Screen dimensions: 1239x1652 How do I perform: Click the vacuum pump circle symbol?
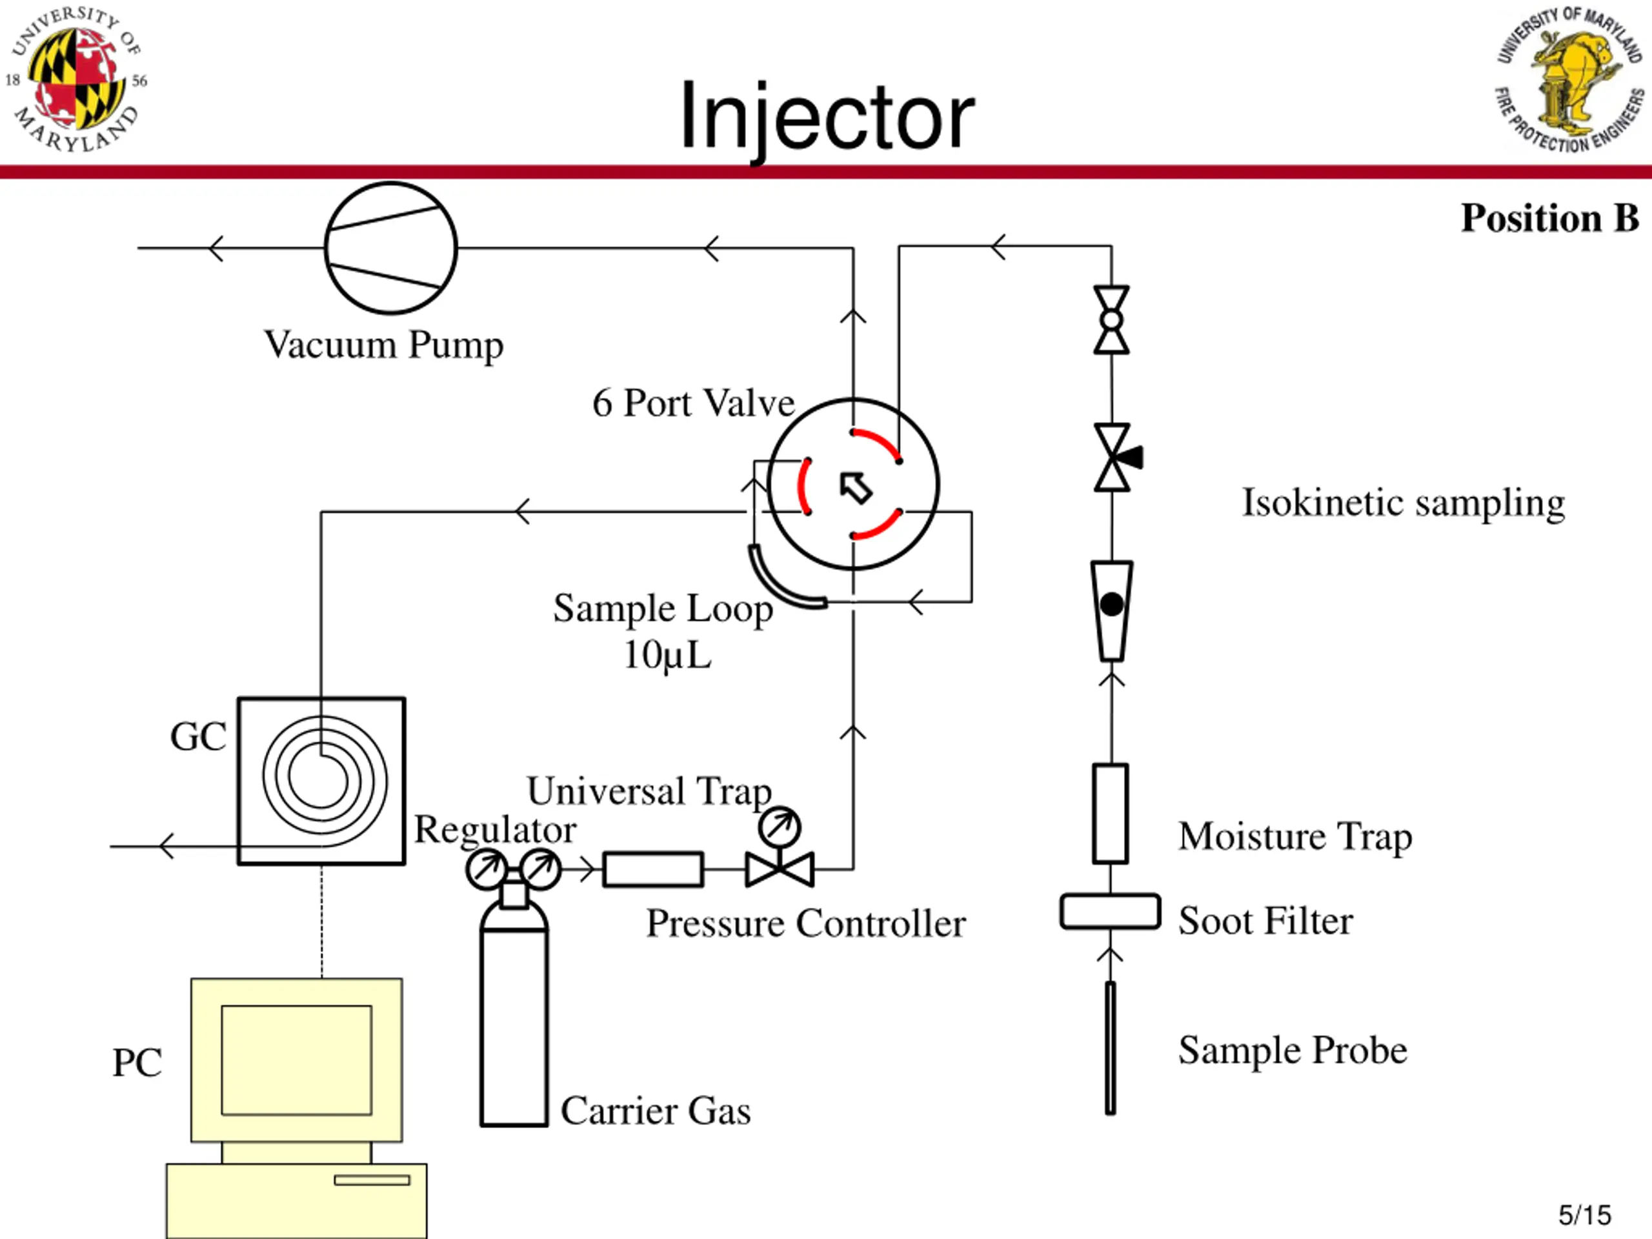pyautogui.click(x=390, y=248)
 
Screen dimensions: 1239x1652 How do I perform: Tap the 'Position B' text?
pyautogui.click(x=1549, y=218)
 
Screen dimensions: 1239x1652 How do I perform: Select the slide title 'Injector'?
pyautogui.click(x=827, y=117)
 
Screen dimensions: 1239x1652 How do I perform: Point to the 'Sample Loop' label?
pyautogui.click(x=663, y=609)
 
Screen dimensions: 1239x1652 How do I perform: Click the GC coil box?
pyautogui.click(x=322, y=781)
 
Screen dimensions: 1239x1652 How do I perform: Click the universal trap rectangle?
pyautogui.click(x=653, y=869)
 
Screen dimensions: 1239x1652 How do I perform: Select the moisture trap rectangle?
pyautogui.click(x=1110, y=813)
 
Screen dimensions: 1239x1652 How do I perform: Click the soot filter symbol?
pyautogui.click(x=1110, y=911)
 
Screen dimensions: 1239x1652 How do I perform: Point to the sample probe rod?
pyautogui.click(x=1111, y=1048)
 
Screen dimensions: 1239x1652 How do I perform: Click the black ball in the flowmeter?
pyautogui.click(x=1111, y=604)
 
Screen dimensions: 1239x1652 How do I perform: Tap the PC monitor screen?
pyautogui.click(x=296, y=1060)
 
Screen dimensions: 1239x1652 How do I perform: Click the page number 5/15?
pyautogui.click(x=1584, y=1215)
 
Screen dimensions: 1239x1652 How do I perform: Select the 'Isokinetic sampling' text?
pyautogui.click(x=1402, y=503)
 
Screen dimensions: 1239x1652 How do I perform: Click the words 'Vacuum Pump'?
pyautogui.click(x=384, y=346)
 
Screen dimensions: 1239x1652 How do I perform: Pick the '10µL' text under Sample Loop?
pyautogui.click(x=667, y=656)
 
